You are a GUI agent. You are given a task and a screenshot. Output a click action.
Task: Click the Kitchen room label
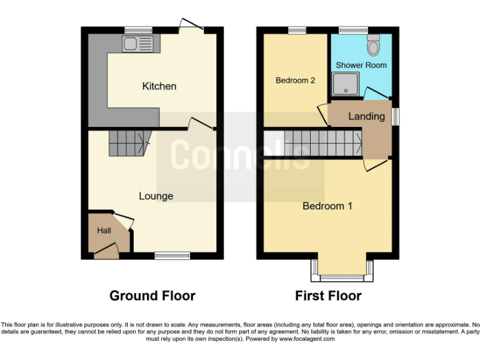(159, 86)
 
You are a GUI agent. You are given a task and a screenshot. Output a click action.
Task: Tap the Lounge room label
(156, 196)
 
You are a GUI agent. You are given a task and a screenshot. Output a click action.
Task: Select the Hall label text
(104, 231)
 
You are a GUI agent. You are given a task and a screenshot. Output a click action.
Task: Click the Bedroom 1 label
(327, 206)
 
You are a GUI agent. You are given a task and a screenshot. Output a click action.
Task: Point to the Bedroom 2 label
(295, 81)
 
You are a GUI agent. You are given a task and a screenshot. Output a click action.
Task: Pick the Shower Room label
(361, 65)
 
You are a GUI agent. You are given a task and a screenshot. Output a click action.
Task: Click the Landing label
(366, 116)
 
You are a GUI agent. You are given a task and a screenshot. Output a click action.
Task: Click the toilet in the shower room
(374, 46)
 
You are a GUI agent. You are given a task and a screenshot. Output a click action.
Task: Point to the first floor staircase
(322, 142)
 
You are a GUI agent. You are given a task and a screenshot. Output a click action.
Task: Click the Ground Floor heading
(152, 296)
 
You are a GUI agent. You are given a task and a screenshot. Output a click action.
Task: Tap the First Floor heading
(328, 296)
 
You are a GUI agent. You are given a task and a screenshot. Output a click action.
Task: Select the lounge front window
(172, 256)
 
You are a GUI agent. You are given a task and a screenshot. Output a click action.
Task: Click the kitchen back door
(190, 27)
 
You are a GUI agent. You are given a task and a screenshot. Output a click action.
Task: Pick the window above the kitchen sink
(138, 29)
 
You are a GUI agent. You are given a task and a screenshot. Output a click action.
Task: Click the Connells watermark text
(240, 154)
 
